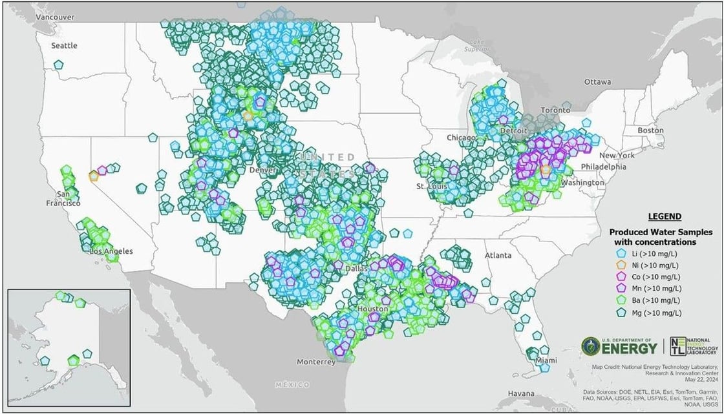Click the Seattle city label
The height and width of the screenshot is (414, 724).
(x=65, y=45)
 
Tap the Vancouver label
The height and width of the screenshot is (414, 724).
(x=55, y=17)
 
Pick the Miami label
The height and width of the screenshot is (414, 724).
(x=548, y=360)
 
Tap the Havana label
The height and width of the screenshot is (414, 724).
(x=521, y=393)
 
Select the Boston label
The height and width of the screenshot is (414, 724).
(x=650, y=130)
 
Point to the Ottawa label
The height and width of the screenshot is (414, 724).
(x=597, y=82)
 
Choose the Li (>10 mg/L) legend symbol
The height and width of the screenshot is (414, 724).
(x=621, y=253)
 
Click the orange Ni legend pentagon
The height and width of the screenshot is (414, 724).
(x=621, y=265)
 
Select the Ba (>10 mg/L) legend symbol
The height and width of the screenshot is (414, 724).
(x=621, y=300)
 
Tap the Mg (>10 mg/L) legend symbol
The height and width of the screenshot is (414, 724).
(x=621, y=313)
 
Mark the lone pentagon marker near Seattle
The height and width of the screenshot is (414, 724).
(x=59, y=65)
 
